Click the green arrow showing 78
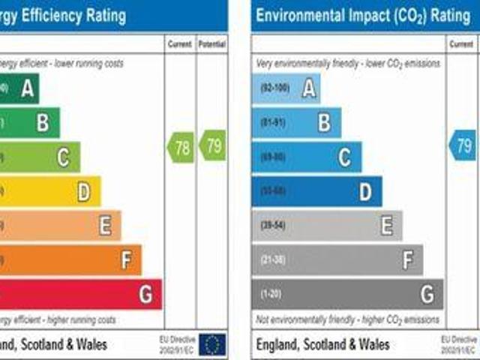(181, 147)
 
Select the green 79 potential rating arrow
(213, 145)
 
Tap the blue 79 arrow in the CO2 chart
(463, 145)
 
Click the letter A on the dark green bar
(28, 90)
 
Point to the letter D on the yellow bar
(84, 193)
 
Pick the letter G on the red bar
(145, 295)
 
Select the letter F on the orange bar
(126, 260)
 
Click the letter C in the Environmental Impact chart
(344, 157)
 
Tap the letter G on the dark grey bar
(427, 294)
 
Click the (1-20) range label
(271, 293)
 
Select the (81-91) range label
(274, 122)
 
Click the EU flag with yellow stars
(213, 344)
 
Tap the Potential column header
(212, 45)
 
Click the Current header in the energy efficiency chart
(180, 45)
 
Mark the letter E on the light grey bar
(386, 226)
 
